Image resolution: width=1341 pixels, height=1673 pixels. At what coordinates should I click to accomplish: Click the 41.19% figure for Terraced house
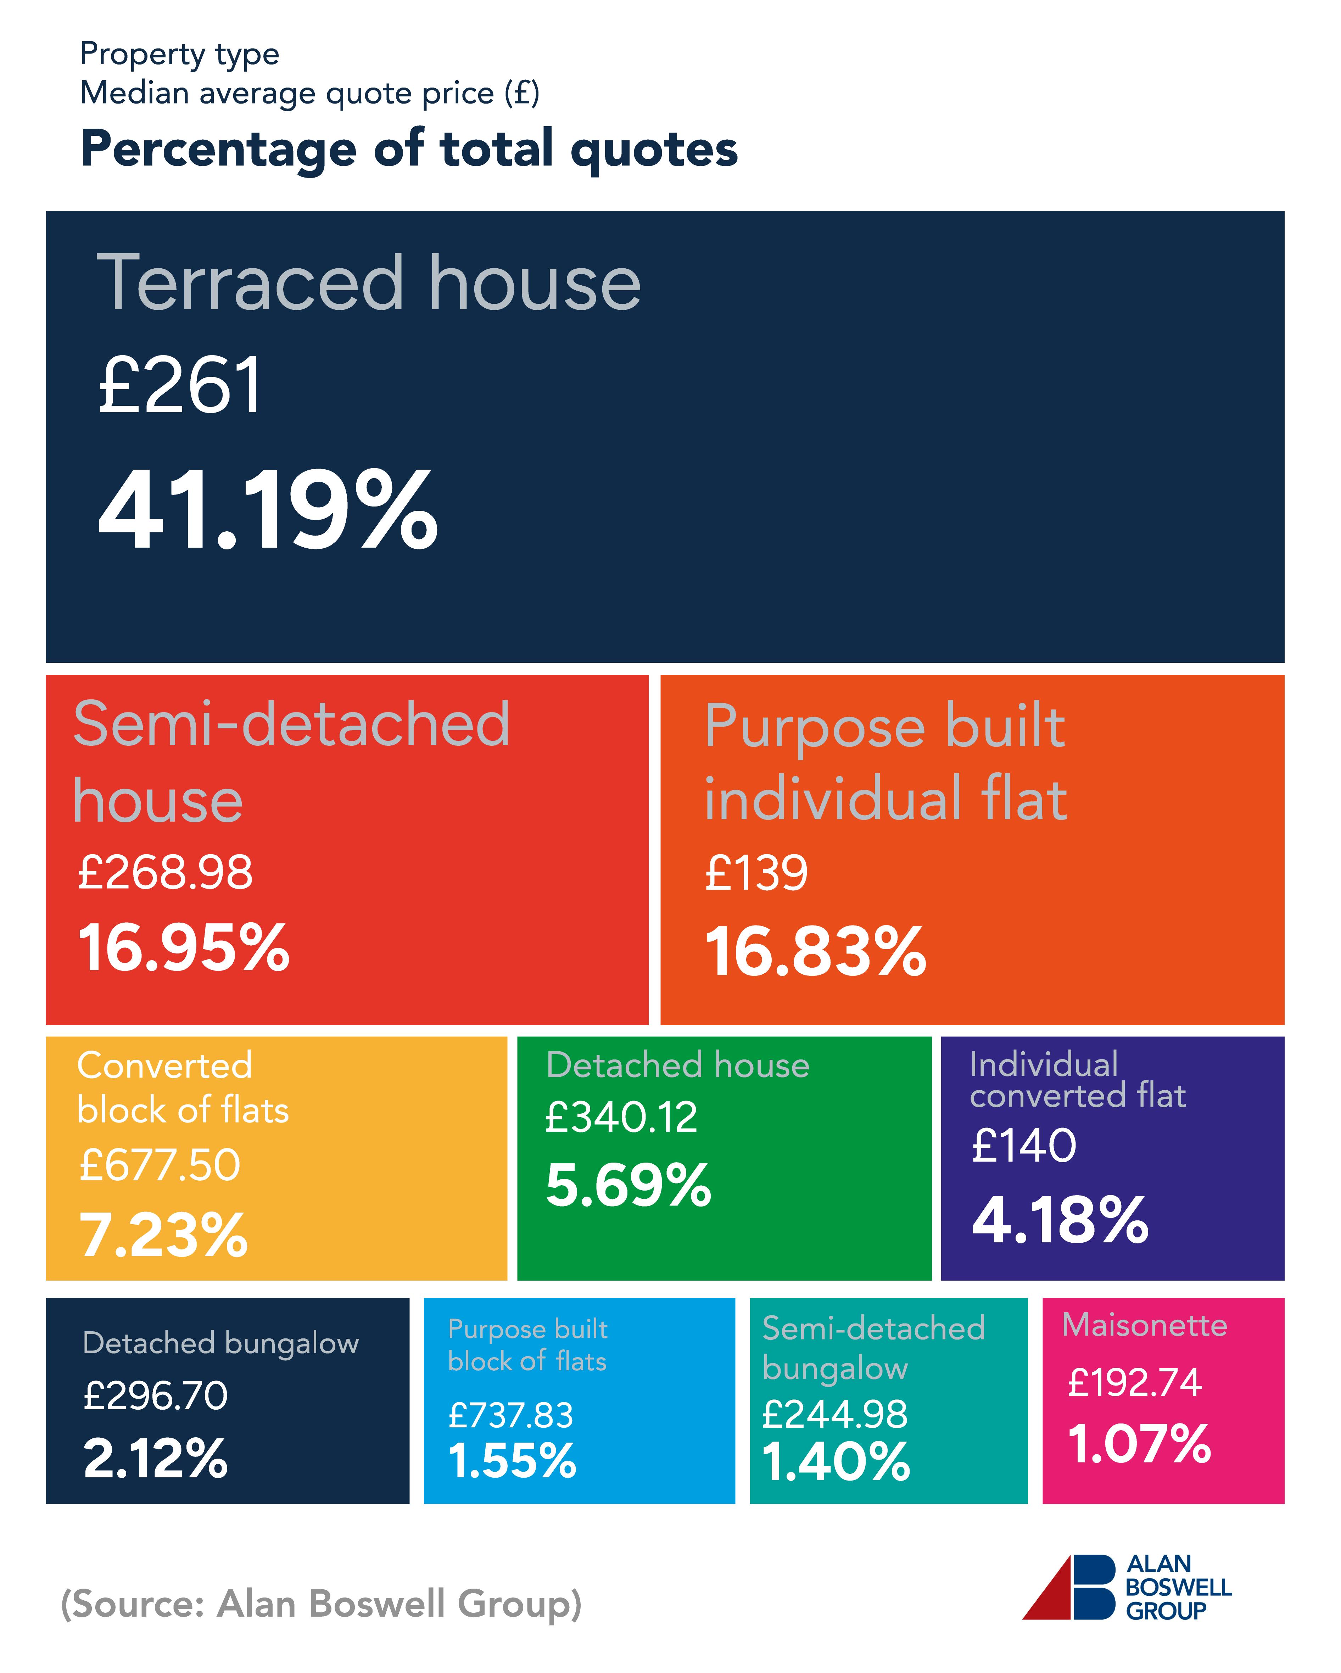tap(268, 511)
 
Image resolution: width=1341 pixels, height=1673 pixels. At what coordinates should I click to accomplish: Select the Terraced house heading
tap(369, 284)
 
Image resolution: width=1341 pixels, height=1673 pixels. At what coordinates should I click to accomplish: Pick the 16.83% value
tap(815, 952)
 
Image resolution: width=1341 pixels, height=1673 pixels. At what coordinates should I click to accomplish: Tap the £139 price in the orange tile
tap(756, 873)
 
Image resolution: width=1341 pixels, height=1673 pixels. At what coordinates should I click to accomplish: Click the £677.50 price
tap(160, 1165)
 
